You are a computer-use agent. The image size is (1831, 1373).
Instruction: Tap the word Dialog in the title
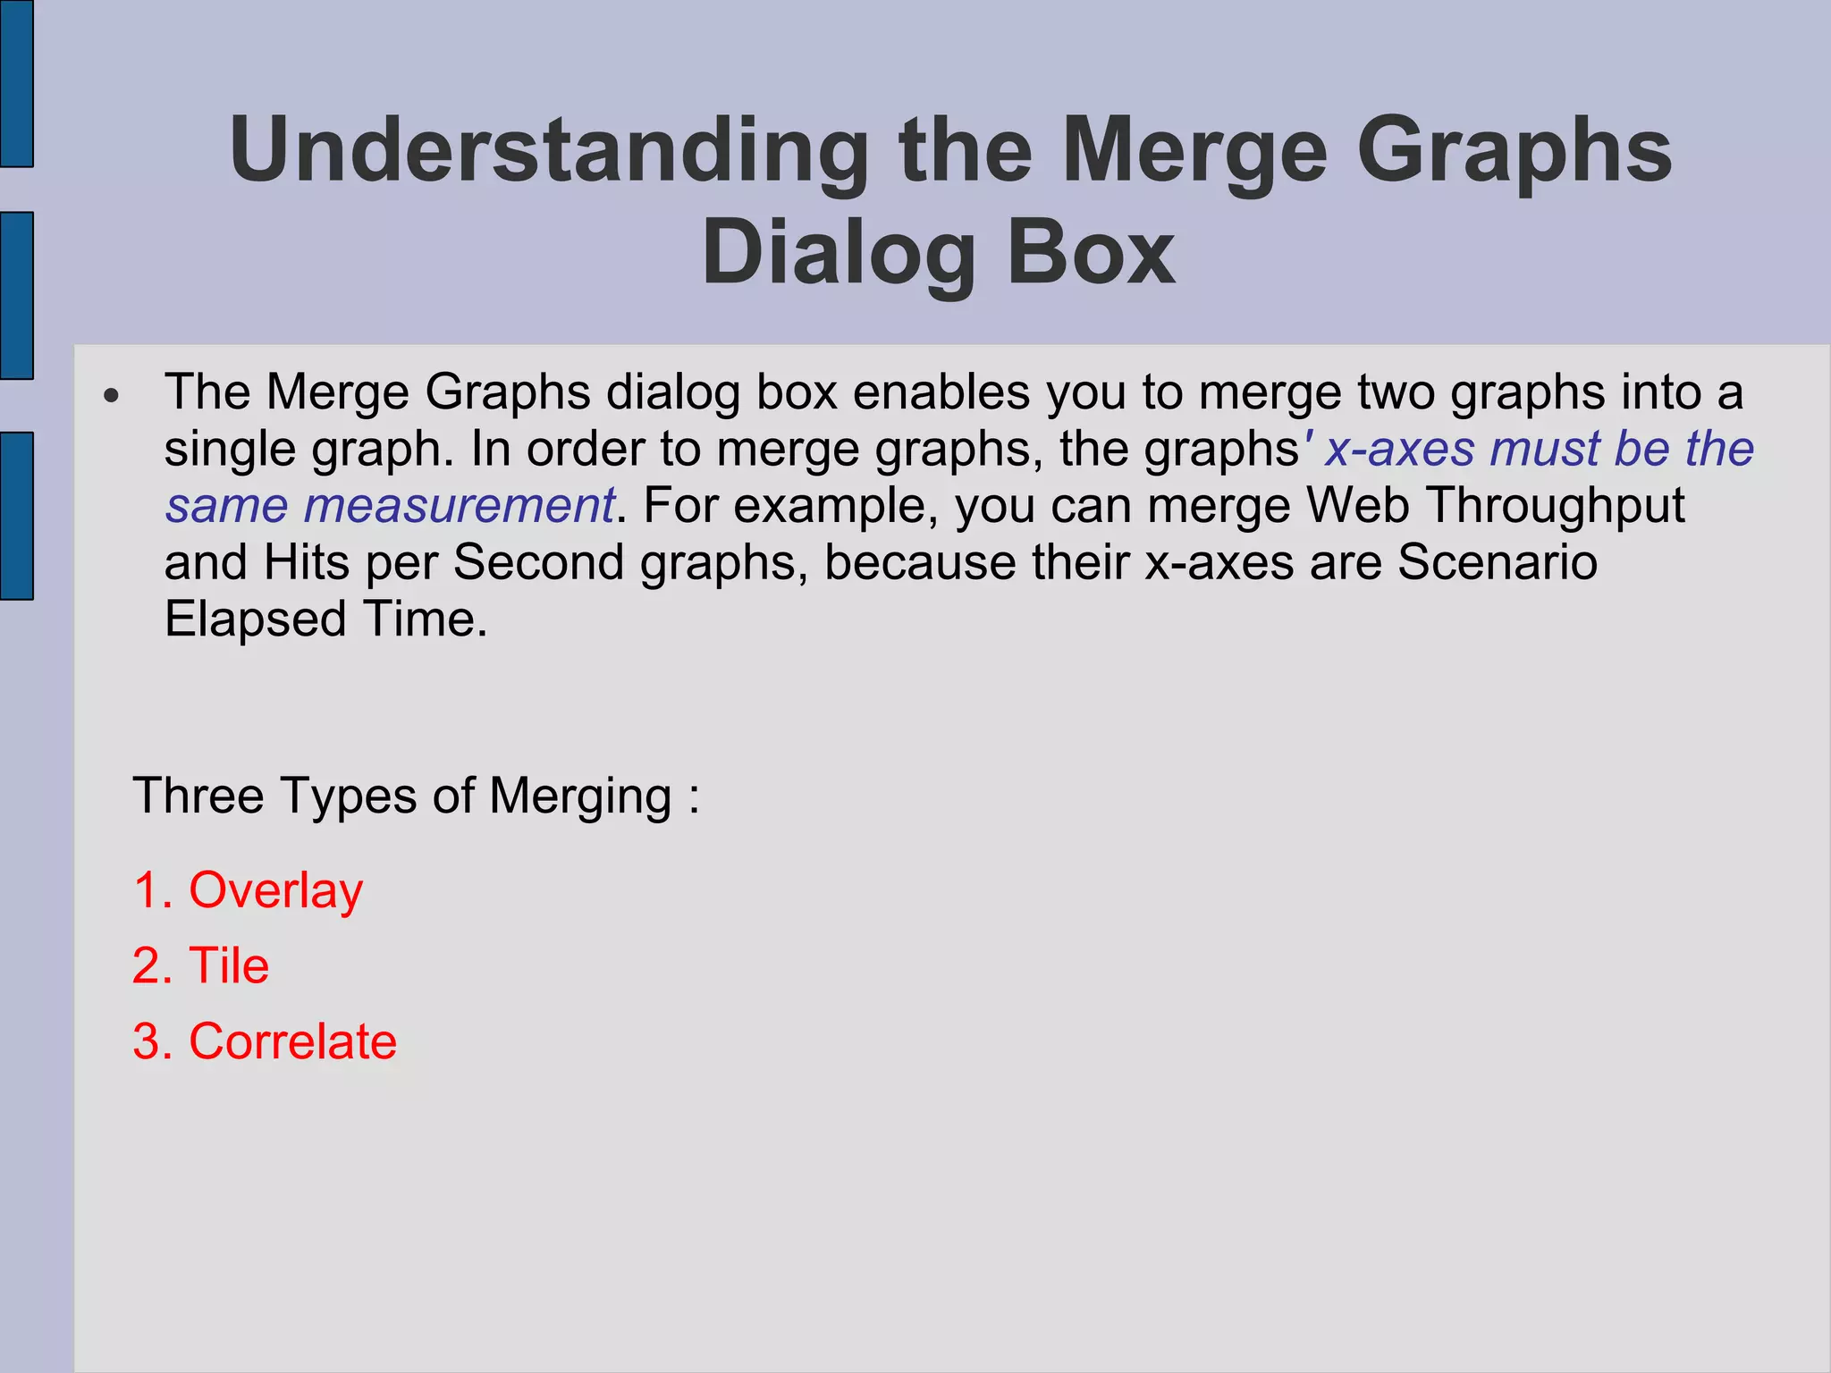pos(837,254)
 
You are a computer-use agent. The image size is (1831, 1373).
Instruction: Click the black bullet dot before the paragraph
pos(111,396)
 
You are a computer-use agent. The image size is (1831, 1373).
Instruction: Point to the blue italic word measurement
pos(458,506)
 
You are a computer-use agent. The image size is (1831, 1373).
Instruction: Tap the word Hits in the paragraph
pos(306,563)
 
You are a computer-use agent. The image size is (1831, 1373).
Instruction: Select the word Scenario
pos(1497,563)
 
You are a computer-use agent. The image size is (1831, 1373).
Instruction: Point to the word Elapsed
pos(255,619)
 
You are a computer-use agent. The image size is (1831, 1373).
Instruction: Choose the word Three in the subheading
pos(198,796)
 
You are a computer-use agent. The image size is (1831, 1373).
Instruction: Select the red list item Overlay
pos(275,891)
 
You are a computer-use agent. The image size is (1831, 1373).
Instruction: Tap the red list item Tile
pos(229,966)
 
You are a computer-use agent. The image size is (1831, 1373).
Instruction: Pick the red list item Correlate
pos(292,1042)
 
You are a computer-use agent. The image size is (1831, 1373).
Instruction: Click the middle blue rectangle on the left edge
pos(16,295)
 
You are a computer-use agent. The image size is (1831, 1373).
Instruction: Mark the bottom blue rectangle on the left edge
pos(16,516)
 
